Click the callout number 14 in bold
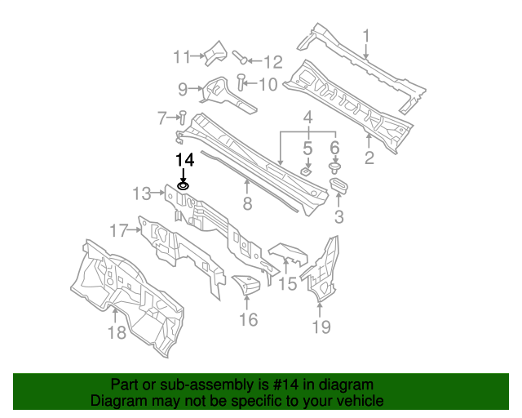point(185,159)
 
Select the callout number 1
point(366,36)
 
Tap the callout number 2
point(369,158)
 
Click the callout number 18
point(117,331)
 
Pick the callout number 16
point(248,319)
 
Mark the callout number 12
point(272,61)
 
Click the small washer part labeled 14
point(184,187)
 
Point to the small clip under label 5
point(305,172)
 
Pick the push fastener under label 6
point(334,168)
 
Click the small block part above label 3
point(340,187)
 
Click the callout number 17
point(120,231)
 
